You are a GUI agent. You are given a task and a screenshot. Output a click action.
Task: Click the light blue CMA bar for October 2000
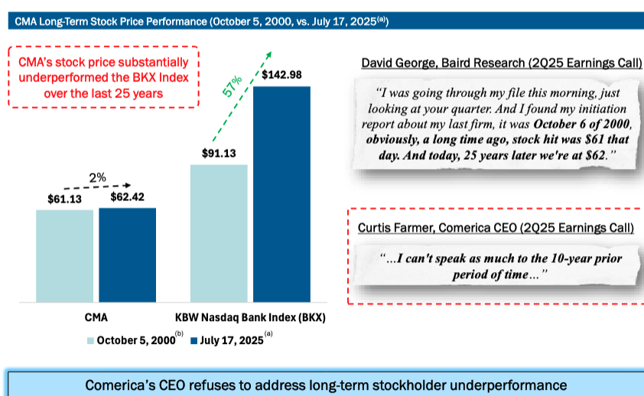tap(64, 255)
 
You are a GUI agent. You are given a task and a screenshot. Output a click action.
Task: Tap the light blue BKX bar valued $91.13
tap(219, 232)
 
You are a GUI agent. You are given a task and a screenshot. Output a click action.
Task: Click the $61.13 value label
tap(63, 199)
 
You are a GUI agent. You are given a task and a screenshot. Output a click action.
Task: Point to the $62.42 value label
tap(127, 197)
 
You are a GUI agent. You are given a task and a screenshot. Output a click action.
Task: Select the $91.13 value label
tap(219, 154)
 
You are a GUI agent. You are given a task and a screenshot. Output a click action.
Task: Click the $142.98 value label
tap(281, 75)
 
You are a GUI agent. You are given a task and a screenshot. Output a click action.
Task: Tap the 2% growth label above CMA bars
tap(97, 177)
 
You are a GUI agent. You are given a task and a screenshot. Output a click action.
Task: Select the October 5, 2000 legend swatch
tap(89, 341)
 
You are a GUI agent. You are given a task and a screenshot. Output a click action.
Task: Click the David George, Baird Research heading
tap(501, 63)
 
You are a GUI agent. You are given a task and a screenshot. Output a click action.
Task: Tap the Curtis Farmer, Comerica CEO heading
tap(495, 228)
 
